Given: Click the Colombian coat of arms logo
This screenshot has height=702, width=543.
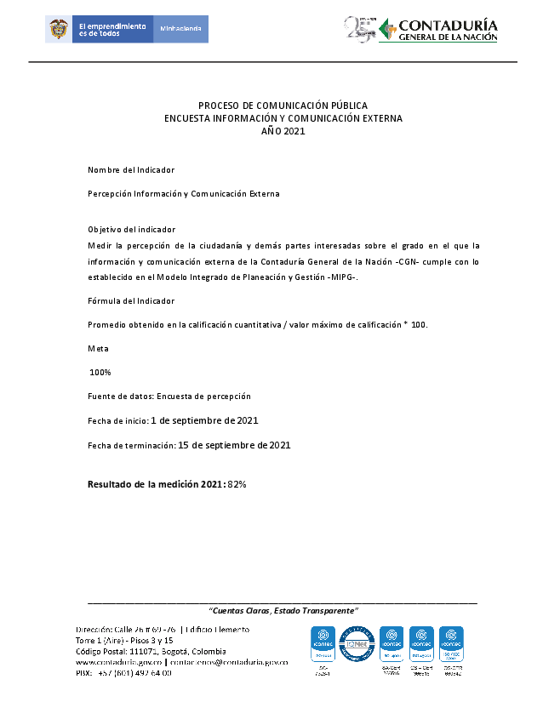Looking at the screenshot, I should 59,29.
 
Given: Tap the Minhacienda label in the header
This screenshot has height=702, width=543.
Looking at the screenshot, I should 180,29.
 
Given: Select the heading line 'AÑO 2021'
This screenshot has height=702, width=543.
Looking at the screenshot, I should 283,131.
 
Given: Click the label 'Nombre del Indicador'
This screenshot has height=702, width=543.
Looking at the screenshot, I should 130,170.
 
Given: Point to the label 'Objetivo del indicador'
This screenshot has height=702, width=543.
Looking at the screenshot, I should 131,230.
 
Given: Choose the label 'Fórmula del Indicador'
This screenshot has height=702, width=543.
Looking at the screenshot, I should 131,301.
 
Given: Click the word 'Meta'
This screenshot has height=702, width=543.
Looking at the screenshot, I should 98,349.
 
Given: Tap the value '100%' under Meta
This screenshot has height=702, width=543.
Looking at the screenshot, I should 100,373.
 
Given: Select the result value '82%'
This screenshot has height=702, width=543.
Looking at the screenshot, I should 237,484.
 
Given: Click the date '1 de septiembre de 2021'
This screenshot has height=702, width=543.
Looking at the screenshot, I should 204,420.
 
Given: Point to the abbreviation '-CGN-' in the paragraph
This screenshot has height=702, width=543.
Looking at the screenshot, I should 411,261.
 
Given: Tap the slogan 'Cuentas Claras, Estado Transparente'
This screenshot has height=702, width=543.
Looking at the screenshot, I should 283,611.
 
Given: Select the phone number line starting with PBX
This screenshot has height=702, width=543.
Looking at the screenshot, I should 123,673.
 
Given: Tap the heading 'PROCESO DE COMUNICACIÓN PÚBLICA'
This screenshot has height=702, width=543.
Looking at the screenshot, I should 283,106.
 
